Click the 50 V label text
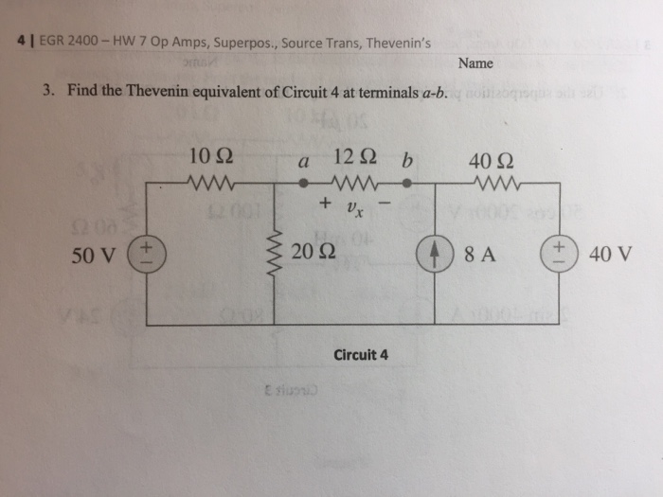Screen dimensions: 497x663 91,254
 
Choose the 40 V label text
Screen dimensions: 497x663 608,254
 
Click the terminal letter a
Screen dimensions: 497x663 304,162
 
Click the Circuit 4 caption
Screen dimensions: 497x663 361,355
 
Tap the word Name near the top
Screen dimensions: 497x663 475,63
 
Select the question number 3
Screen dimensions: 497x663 46,91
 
